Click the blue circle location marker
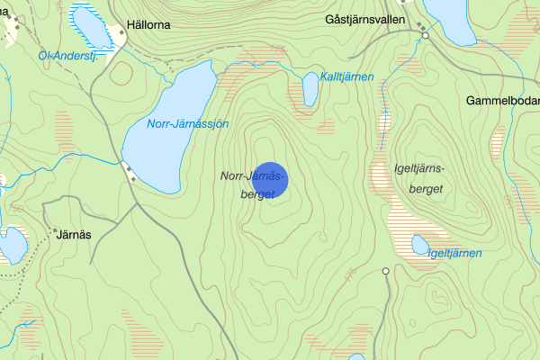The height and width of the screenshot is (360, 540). point(270,180)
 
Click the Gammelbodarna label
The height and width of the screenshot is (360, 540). point(502,101)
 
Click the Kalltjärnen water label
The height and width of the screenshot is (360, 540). point(346,77)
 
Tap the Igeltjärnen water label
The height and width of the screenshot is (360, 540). point(454,253)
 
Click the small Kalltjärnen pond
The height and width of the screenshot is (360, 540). point(310,88)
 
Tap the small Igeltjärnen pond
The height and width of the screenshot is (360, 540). point(419,244)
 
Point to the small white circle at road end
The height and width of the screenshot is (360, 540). point(386,271)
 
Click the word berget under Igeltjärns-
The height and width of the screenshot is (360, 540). point(427,188)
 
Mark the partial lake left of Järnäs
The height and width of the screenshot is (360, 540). point(12,245)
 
